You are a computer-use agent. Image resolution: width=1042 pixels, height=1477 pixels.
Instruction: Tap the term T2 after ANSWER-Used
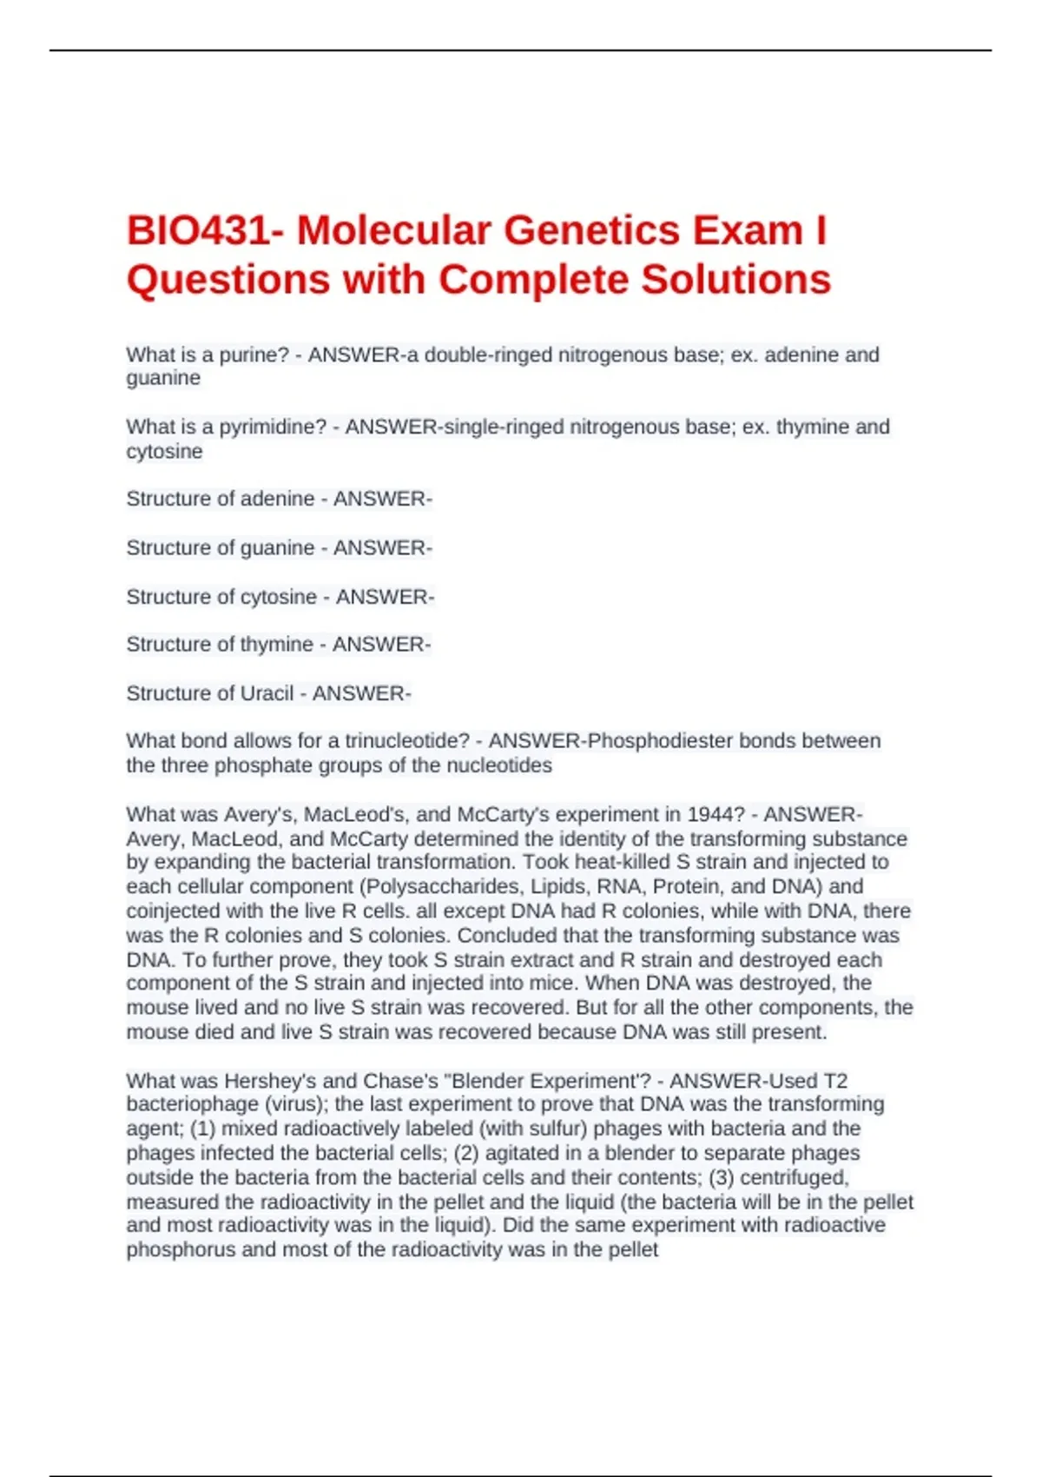pyautogui.click(x=834, y=1082)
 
